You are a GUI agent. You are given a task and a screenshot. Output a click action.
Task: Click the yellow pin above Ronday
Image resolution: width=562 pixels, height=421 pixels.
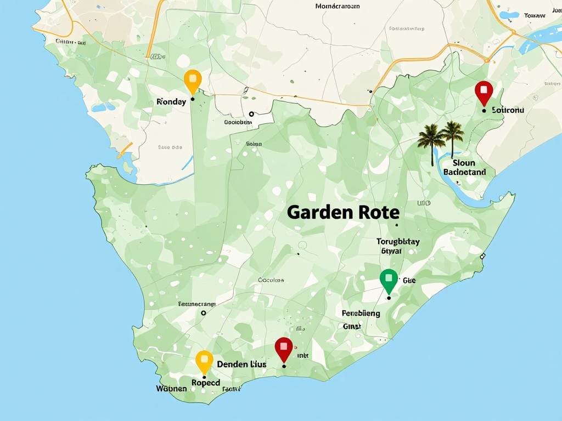pos(192,81)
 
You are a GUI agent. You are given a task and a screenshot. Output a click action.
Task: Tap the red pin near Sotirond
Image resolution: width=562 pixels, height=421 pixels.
pos(484,91)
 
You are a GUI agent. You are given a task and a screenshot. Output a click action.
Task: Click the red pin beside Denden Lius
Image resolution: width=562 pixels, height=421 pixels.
pos(283,348)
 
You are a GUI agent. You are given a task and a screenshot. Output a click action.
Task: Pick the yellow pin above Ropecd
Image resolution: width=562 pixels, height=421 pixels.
pos(204,361)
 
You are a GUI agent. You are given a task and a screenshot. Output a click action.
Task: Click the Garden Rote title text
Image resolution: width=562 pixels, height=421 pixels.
pos(343,212)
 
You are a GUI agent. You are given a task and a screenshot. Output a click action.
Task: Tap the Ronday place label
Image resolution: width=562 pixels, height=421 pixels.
pos(171,102)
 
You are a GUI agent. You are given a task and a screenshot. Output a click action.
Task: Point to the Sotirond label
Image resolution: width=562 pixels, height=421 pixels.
pos(508,110)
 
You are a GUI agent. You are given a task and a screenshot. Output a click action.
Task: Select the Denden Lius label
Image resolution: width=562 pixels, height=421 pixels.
pos(241,365)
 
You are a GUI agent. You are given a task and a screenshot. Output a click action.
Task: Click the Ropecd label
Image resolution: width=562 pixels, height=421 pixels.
pos(205,383)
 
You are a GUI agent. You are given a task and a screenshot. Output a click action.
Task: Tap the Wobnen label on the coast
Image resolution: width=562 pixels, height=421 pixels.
pos(171,389)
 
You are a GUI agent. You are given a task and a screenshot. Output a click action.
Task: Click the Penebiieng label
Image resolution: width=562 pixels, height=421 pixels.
pos(361,314)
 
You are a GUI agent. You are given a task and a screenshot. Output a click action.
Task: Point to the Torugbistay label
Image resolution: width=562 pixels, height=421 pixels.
pos(398,241)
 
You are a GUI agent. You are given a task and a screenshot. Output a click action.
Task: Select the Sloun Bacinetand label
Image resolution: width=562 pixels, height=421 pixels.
pos(464,167)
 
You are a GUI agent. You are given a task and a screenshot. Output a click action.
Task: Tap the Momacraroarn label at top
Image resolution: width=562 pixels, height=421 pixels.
pos(338,7)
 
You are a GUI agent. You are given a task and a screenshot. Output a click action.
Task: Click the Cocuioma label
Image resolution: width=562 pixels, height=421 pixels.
pos(271,280)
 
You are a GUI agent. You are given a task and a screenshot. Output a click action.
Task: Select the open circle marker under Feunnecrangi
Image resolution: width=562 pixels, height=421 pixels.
pos(203,313)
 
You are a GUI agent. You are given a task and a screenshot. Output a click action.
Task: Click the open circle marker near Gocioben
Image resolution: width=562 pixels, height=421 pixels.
pos(251,114)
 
